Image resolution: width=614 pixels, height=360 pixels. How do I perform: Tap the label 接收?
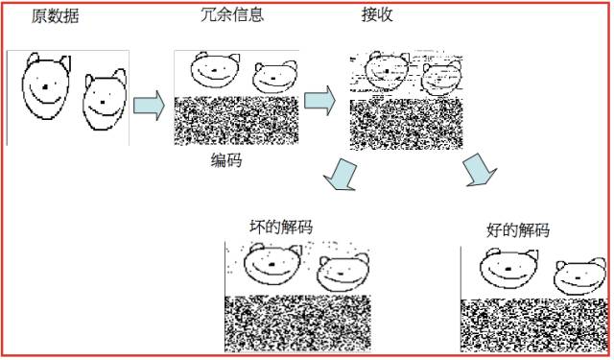click(377, 14)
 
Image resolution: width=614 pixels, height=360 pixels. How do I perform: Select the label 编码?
click(226, 161)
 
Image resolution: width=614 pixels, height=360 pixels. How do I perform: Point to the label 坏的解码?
click(280, 227)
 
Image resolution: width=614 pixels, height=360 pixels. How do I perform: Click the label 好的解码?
click(518, 230)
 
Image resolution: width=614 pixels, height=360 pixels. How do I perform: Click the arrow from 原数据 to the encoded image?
click(149, 104)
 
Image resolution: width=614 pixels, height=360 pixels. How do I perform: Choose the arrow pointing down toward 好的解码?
click(479, 171)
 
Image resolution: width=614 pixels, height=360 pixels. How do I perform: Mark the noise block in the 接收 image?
click(406, 124)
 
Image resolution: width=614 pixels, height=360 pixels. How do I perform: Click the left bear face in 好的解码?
click(506, 268)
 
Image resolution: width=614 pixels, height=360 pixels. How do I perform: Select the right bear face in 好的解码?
click(579, 278)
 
